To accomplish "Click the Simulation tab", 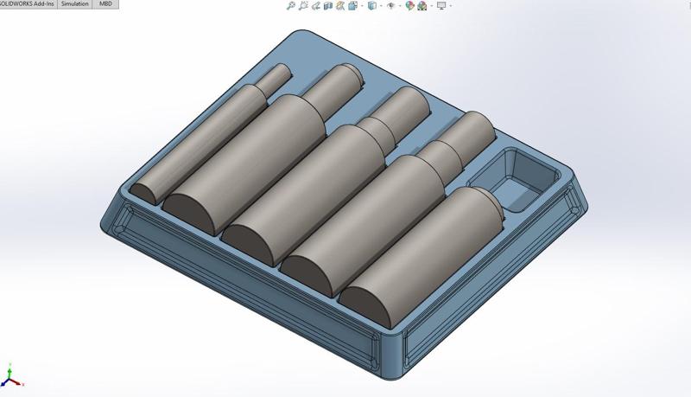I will [75, 4].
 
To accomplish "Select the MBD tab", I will [105, 4].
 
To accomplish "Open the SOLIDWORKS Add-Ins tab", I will [29, 4].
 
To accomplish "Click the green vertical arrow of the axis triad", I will [8, 371].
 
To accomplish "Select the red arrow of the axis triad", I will [18, 384].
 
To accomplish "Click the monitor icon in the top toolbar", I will [442, 5].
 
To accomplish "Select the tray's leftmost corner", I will [105, 216].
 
